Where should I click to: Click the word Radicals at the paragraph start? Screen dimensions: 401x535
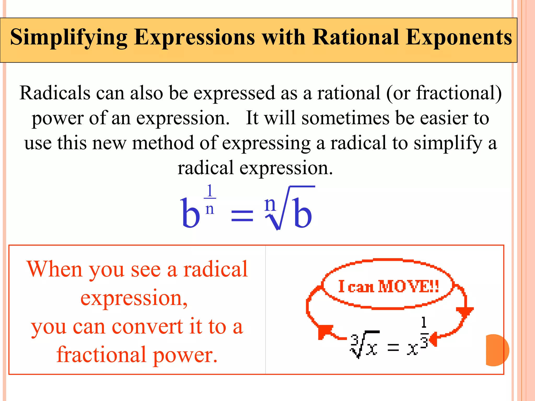pyautogui.click(x=55, y=93)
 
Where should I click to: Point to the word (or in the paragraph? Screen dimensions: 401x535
pyautogui.click(x=399, y=93)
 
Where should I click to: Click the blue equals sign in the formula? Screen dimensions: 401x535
pyautogui.click(x=242, y=216)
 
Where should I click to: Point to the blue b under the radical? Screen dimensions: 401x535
pyautogui.click(x=302, y=213)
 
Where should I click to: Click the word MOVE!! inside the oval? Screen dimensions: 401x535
pyautogui.click(x=408, y=286)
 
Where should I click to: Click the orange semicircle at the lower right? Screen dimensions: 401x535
pyautogui.click(x=497, y=350)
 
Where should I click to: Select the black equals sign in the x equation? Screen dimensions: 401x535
pyautogui.click(x=393, y=347)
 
